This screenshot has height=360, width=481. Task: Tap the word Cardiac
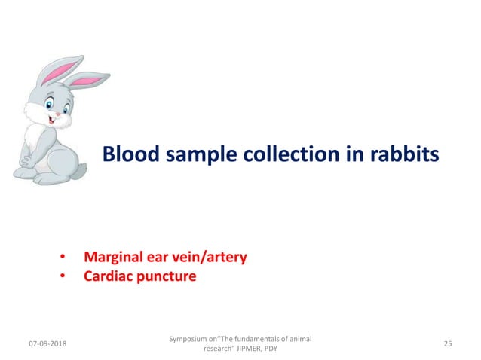[x=110, y=276]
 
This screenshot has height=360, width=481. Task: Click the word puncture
[x=169, y=276]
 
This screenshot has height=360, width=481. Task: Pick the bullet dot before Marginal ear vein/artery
[x=64, y=258]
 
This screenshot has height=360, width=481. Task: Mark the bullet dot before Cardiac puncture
[x=64, y=277]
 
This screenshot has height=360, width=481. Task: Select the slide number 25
[x=448, y=344]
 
